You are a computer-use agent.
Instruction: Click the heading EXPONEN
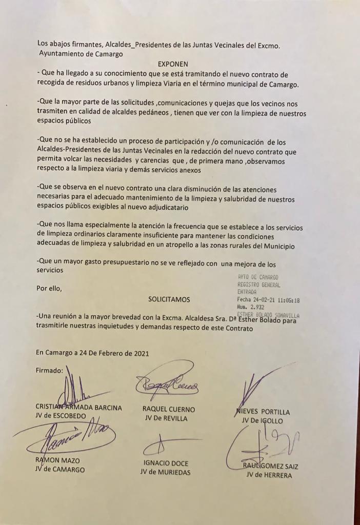[x=173, y=64]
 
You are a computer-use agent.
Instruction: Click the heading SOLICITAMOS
[x=169, y=299]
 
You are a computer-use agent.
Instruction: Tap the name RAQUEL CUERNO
[x=169, y=409]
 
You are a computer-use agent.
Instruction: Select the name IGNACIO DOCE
[x=165, y=462]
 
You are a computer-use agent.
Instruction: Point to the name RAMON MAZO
[x=57, y=460]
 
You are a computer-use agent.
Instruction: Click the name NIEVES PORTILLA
[x=264, y=412]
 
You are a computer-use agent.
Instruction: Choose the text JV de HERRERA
[x=269, y=475]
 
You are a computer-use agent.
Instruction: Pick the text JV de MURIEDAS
[x=165, y=472]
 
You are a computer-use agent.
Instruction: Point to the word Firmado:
[x=49, y=370]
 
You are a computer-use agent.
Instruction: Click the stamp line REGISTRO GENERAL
[x=258, y=285]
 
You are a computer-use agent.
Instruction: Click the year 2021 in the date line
[x=142, y=353]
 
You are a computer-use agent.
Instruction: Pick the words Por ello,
[x=49, y=288]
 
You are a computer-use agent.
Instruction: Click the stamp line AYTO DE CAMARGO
[x=258, y=277]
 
